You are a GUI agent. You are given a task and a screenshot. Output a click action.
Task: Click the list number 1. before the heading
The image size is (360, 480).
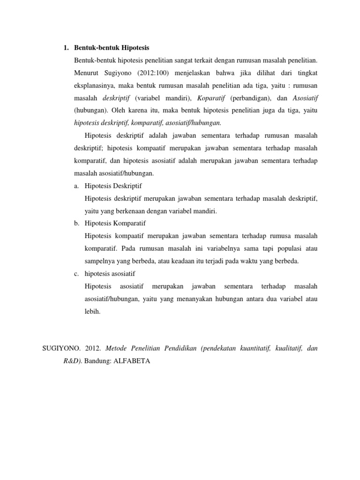tap(66, 48)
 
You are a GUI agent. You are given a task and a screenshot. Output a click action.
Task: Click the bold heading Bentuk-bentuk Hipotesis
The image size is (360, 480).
tap(112, 48)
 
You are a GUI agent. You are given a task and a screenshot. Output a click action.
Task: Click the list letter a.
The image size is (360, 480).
tap(76, 186)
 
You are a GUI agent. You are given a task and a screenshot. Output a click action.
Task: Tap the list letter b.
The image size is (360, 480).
tap(76, 223)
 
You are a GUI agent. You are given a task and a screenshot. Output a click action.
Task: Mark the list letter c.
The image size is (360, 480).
tap(76, 273)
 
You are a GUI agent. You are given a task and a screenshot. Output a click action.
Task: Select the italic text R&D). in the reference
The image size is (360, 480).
tap(73, 362)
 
